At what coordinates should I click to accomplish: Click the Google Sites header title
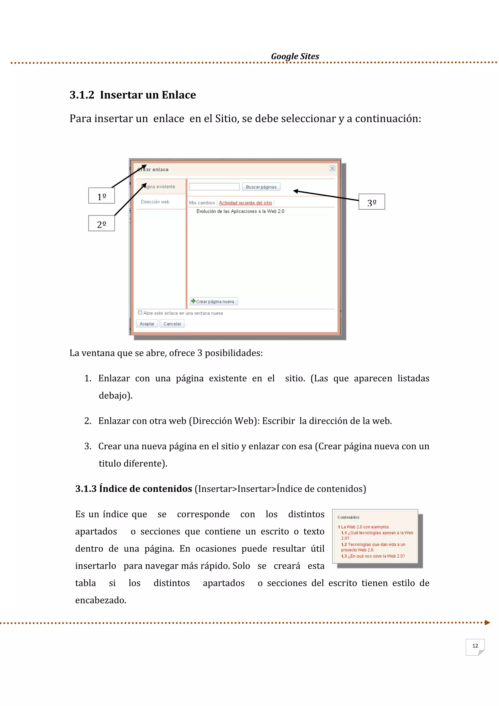(x=295, y=56)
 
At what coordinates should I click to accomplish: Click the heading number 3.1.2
(x=82, y=95)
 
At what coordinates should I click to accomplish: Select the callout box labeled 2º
(x=101, y=223)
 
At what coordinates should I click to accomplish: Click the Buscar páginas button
(x=261, y=187)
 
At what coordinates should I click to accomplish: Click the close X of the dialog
(x=332, y=168)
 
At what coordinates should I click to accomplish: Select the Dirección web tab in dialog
(x=155, y=202)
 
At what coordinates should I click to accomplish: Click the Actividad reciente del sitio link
(x=245, y=203)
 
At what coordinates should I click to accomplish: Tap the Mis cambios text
(x=202, y=203)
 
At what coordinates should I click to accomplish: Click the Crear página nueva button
(x=214, y=301)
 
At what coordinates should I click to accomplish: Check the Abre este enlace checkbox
(x=140, y=313)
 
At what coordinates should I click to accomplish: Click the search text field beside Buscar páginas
(x=214, y=187)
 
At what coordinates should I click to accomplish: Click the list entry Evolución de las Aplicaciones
(x=240, y=211)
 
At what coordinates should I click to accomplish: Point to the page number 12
(x=475, y=646)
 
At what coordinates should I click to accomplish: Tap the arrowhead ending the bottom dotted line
(x=487, y=623)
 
